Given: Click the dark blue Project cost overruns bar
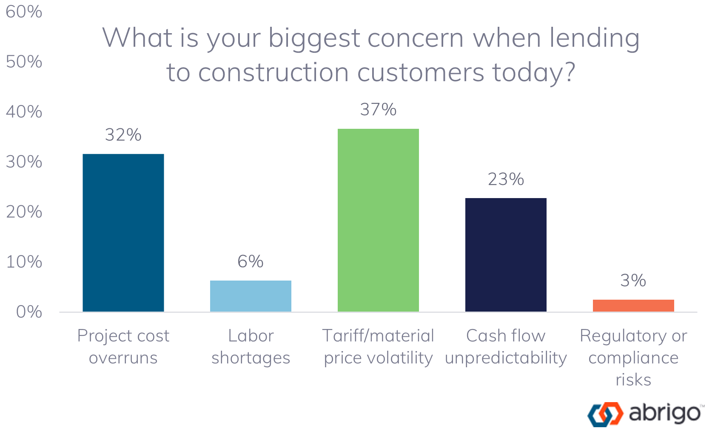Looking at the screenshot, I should [x=123, y=233].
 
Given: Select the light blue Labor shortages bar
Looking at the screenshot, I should [x=251, y=296].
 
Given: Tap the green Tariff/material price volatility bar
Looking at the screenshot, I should [x=378, y=220].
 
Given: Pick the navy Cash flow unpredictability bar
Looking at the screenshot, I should [x=506, y=255].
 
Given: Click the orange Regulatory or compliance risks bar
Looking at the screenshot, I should [x=633, y=306].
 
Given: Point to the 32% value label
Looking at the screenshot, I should [x=123, y=135].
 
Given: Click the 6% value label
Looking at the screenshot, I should [x=251, y=261].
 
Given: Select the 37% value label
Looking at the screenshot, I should [x=378, y=110].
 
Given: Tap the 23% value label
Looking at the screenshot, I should [x=506, y=179].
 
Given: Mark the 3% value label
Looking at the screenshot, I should [x=633, y=281].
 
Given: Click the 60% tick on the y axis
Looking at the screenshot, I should [x=24, y=12].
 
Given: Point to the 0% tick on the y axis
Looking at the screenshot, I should [x=29, y=312].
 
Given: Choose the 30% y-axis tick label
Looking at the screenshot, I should [x=24, y=162].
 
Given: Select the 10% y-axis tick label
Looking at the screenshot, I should [x=24, y=262].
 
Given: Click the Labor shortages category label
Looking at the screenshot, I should [x=251, y=347].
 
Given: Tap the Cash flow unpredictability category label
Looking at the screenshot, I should [x=506, y=347].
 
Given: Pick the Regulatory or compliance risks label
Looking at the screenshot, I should [x=633, y=357].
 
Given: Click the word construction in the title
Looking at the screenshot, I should [x=273, y=72].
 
